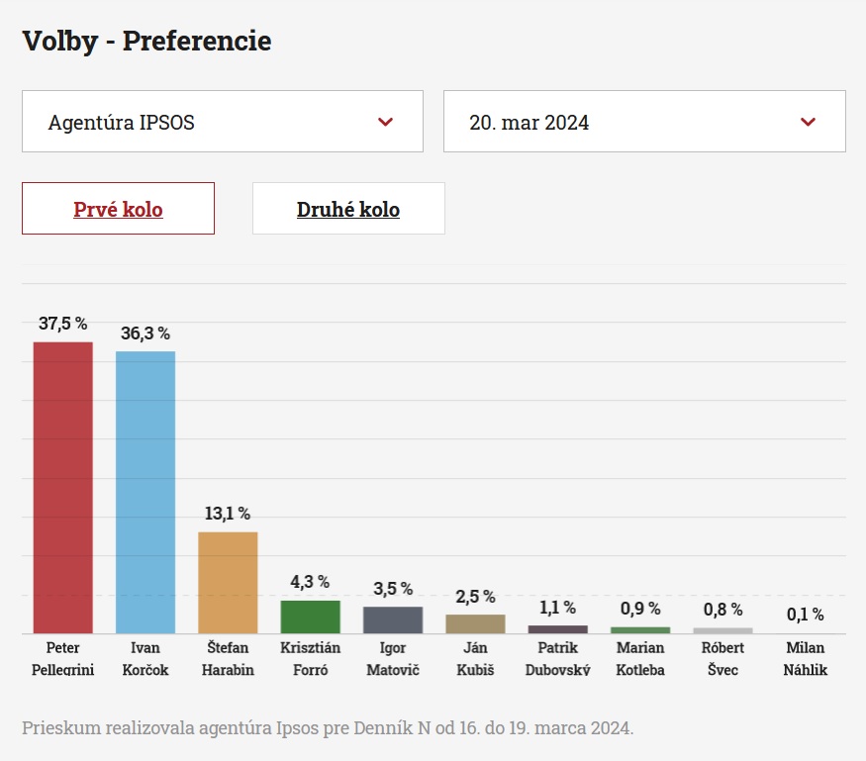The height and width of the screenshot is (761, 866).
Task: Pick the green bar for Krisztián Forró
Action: tap(310, 617)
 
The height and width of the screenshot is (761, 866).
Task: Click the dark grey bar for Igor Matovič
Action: tap(393, 619)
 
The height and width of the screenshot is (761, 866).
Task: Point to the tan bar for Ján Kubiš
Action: tap(475, 623)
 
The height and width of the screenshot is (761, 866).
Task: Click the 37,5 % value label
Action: tap(63, 324)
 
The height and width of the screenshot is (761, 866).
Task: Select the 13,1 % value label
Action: tap(228, 514)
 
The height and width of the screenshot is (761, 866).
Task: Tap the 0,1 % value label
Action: tap(805, 615)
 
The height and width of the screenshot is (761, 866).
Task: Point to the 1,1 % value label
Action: tap(557, 608)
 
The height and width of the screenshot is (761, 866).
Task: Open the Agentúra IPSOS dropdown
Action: tap(223, 122)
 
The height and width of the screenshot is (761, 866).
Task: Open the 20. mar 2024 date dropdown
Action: tap(644, 122)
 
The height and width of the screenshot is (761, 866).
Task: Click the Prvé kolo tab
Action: tap(118, 209)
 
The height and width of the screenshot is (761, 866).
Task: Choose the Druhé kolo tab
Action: tap(348, 209)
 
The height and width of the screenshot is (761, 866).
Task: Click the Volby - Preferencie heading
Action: tap(146, 42)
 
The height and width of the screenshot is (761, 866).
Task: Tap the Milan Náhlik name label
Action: tap(805, 659)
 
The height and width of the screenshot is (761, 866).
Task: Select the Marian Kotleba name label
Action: tap(640, 659)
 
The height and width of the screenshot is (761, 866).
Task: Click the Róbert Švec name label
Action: tap(722, 659)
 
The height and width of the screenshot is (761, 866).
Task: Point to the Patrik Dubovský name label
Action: tap(557, 659)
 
